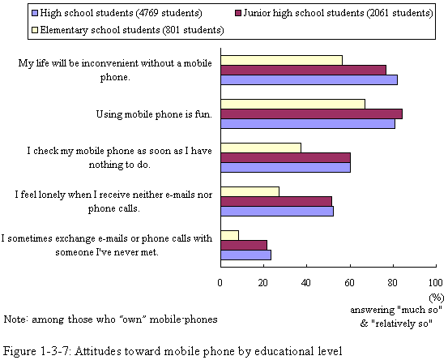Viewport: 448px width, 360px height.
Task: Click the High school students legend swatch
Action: [x=35, y=13]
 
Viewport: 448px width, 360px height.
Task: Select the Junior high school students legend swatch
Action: [x=238, y=13]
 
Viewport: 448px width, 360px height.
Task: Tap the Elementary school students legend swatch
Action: [x=35, y=30]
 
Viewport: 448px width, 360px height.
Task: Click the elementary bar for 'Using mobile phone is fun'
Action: [x=292, y=104]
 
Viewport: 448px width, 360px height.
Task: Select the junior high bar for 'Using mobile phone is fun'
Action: [x=311, y=114]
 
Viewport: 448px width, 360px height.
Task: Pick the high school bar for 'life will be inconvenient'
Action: [x=309, y=79]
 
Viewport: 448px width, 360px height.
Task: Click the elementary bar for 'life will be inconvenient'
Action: [x=281, y=60]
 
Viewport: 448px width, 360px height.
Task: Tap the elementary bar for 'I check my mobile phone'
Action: [x=261, y=148]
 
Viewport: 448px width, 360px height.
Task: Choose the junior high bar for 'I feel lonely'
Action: [x=276, y=201]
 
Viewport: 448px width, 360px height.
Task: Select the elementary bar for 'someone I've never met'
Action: [x=230, y=236]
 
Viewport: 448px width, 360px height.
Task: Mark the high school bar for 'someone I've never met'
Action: [x=246, y=255]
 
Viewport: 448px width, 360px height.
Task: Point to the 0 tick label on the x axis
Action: [x=220, y=283]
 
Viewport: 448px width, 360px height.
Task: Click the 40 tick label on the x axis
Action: [x=305, y=283]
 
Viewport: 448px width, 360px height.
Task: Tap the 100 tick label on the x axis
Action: [x=436, y=283]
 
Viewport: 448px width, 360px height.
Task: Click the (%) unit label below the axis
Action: [x=437, y=298]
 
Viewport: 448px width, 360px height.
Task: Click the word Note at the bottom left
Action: [x=15, y=319]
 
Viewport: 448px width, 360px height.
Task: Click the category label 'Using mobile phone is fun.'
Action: [x=154, y=114]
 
